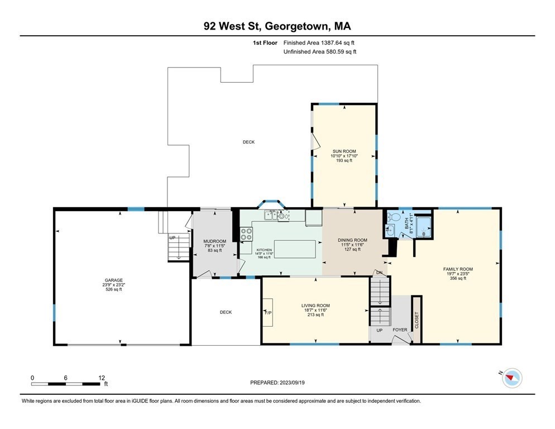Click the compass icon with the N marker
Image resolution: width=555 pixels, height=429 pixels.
(511, 378)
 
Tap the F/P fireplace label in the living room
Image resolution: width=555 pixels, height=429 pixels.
(268, 313)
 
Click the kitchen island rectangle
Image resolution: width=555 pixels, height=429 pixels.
(295, 249)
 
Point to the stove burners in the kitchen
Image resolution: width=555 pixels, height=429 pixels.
(246, 234)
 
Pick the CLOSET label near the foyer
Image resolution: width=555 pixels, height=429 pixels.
(417, 320)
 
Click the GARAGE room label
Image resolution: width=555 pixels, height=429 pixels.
(113, 280)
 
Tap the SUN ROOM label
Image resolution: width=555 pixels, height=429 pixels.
(344, 151)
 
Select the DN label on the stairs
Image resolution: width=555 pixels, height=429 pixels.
(380, 273)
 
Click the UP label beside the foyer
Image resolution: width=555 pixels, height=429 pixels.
(380, 330)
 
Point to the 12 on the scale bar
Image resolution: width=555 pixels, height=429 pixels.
(102, 378)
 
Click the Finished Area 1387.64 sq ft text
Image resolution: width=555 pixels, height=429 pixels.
(319, 43)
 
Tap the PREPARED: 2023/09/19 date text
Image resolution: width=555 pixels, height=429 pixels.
(277, 383)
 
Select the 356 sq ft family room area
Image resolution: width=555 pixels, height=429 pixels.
(458, 278)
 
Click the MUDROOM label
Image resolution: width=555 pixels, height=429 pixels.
(215, 241)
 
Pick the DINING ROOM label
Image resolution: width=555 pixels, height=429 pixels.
(352, 240)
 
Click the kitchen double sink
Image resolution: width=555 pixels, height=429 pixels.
(271, 214)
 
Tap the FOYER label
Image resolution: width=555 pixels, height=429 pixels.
(400, 330)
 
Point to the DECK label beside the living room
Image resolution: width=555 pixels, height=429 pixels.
(226, 312)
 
